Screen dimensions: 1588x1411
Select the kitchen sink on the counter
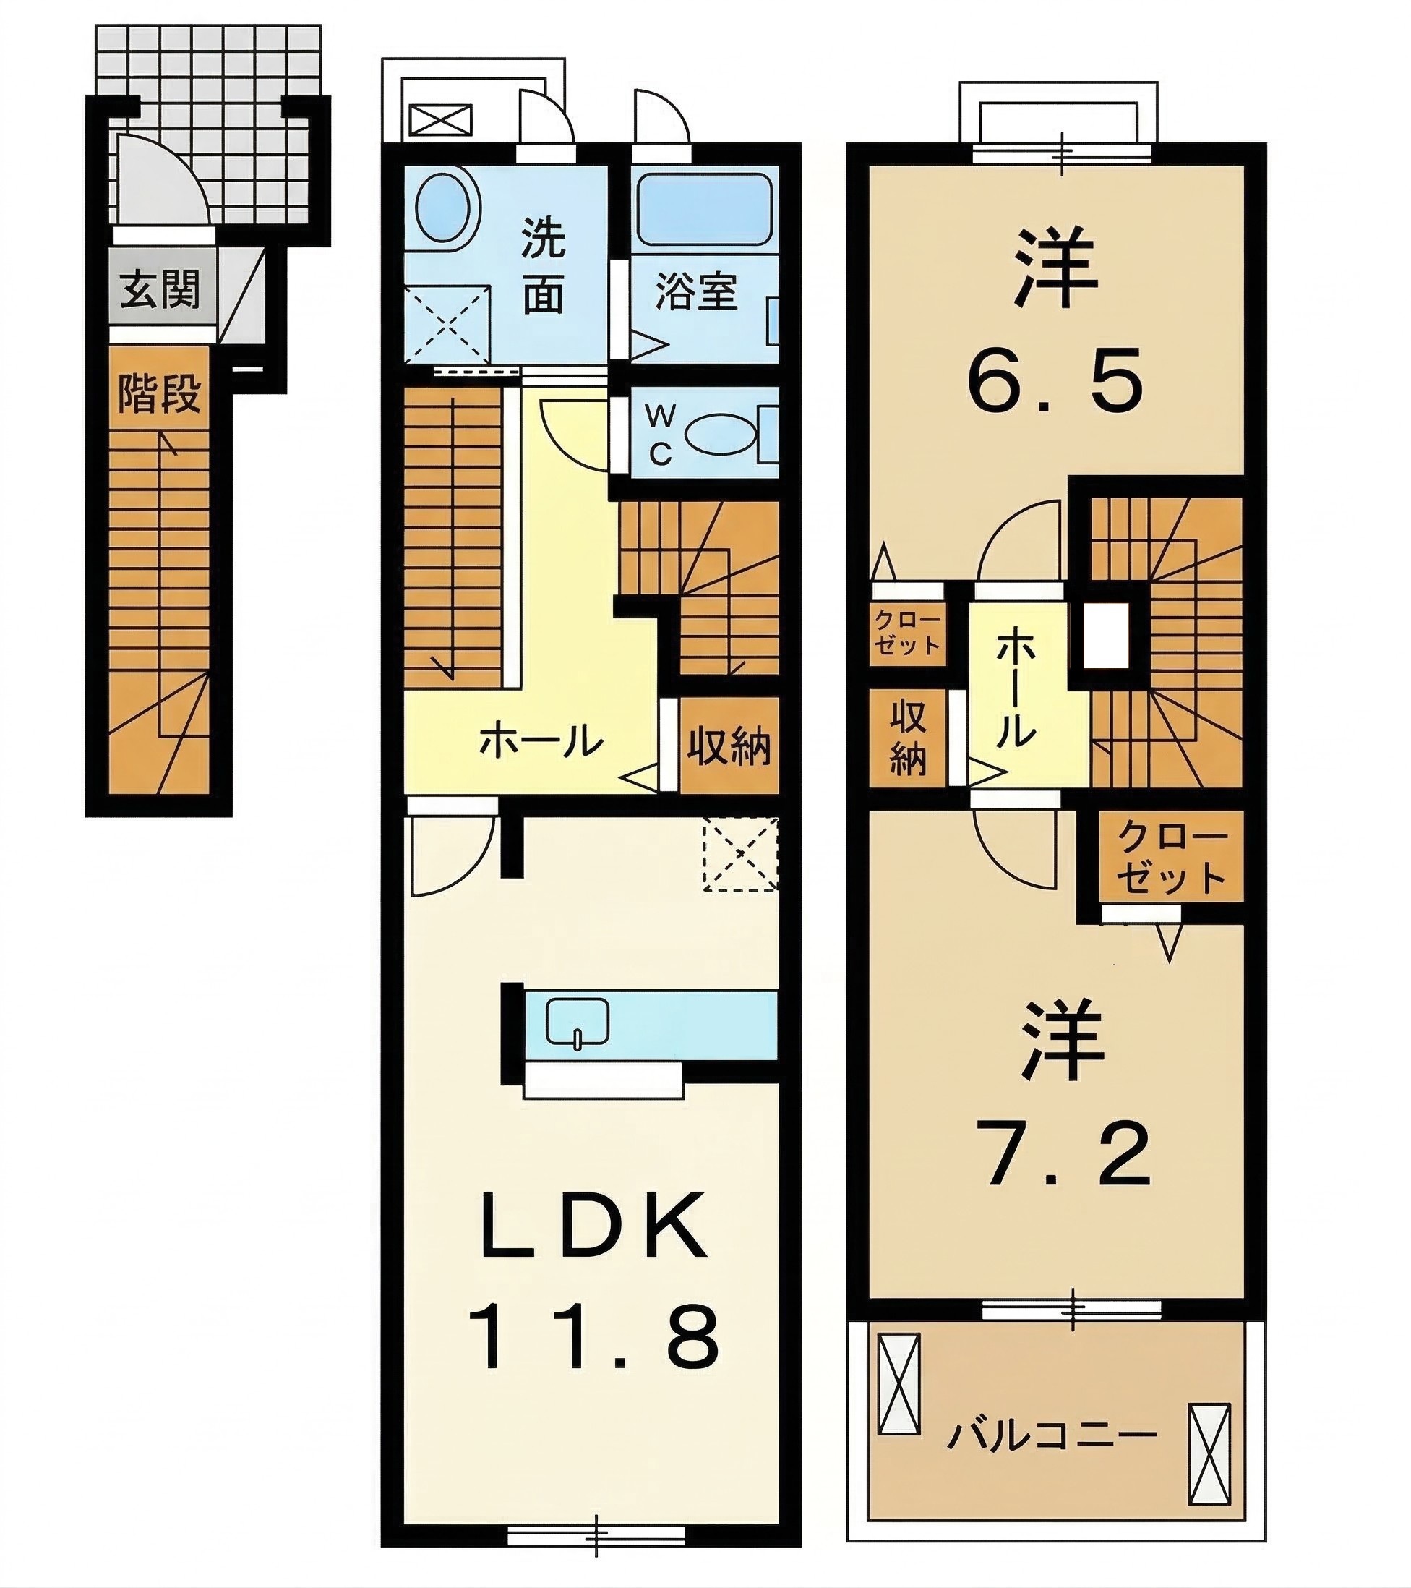(577, 1023)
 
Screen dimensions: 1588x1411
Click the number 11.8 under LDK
(596, 1337)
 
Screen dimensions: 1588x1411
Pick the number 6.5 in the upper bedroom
(1055, 380)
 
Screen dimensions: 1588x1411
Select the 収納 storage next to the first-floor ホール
(729, 746)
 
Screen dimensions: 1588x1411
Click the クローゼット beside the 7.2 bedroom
(1170, 857)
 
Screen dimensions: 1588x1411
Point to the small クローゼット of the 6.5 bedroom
(907, 633)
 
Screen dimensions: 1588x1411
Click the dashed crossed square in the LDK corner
(740, 853)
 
